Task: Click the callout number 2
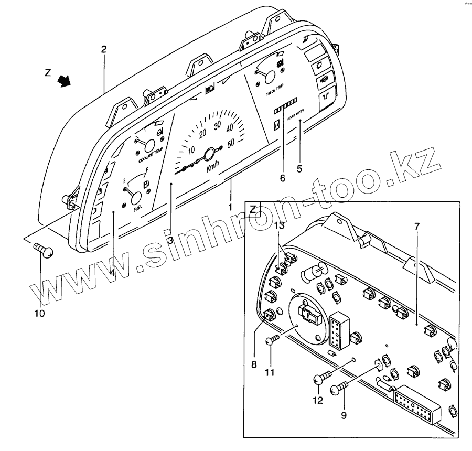tap(104, 50)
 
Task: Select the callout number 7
tap(417, 226)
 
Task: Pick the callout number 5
tap(300, 169)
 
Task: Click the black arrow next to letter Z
tap(65, 80)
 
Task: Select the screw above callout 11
tap(272, 341)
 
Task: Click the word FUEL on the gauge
tap(138, 208)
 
